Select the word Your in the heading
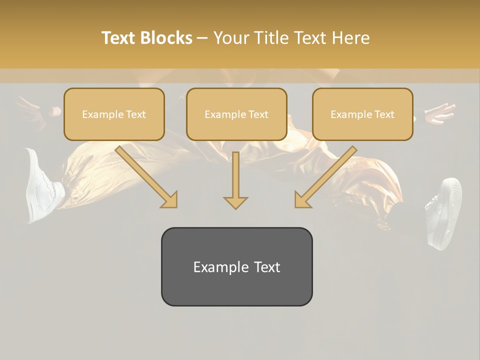pos(231,37)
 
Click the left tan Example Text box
pos(114,114)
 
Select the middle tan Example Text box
pos(236,114)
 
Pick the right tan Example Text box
pos(362,114)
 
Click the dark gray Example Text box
pos(236,266)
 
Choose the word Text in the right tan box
pos(384,114)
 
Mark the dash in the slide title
pos(202,37)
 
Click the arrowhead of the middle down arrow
pos(235,202)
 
